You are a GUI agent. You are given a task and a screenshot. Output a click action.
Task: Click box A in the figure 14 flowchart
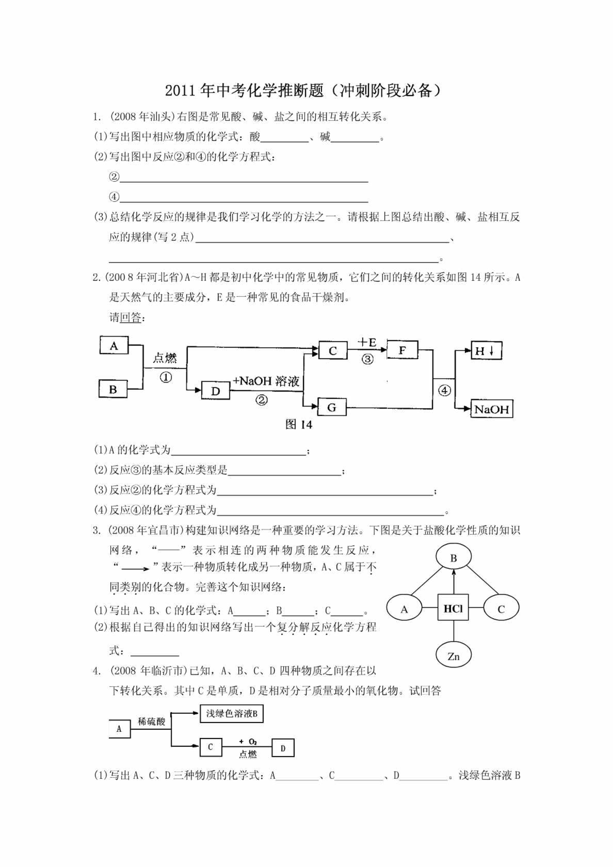tap(114, 345)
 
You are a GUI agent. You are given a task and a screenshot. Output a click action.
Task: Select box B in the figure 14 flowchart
tap(113, 389)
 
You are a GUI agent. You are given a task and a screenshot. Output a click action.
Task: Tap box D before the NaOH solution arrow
tap(216, 391)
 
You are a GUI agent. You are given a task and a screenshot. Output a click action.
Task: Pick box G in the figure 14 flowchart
tap(332, 407)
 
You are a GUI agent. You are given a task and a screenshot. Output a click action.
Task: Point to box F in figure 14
tap(402, 350)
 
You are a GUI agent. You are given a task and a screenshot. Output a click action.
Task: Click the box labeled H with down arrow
tap(486, 351)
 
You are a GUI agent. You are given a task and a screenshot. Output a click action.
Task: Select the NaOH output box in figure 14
tap(492, 409)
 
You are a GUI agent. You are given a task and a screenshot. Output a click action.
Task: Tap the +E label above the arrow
tap(367, 342)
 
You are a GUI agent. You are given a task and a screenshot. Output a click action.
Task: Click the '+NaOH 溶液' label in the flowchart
tap(266, 381)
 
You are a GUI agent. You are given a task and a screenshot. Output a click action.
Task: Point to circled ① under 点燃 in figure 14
tap(166, 377)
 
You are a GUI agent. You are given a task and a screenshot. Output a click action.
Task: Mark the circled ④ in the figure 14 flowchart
tap(444, 391)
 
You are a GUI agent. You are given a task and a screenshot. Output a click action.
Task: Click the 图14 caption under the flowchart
tap(298, 425)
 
